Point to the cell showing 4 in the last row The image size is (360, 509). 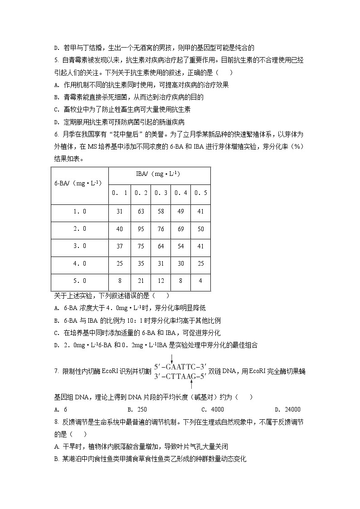(200, 281)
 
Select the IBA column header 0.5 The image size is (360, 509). (200, 193)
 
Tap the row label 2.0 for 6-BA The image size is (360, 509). (80, 229)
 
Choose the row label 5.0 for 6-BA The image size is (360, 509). (80, 281)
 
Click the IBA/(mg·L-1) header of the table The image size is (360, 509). (159, 174)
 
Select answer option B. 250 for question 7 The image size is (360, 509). (136, 409)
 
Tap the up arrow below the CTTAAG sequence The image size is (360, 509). (191, 384)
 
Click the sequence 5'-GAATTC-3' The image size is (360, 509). (180, 367)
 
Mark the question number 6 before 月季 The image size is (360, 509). (56, 135)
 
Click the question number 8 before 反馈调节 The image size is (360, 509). (56, 422)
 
